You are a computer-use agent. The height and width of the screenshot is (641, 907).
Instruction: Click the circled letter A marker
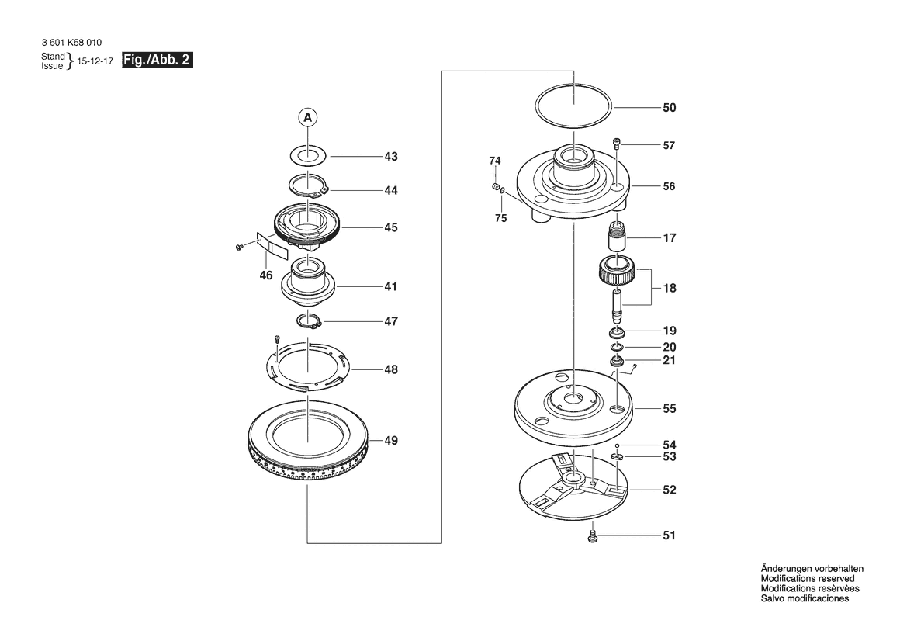coord(308,118)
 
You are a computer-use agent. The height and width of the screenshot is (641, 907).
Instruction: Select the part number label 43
coord(391,157)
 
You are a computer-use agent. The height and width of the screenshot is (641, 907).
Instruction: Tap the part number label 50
coord(669,108)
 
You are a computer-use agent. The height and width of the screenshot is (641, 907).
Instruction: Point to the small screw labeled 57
coord(618,144)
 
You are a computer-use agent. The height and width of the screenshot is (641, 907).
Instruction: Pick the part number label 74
coord(495,161)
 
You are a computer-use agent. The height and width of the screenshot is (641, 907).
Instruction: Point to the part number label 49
coord(391,441)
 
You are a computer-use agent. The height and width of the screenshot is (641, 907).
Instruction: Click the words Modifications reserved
coord(808,579)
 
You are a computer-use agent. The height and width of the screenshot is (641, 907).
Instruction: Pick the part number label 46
coord(266,275)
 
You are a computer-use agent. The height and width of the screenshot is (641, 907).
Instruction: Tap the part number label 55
coord(669,408)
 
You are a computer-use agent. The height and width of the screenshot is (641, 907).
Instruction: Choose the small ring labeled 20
coord(618,346)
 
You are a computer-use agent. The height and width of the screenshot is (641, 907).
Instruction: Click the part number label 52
coord(669,490)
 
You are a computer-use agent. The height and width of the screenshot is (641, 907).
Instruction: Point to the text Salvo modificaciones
coord(805,599)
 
